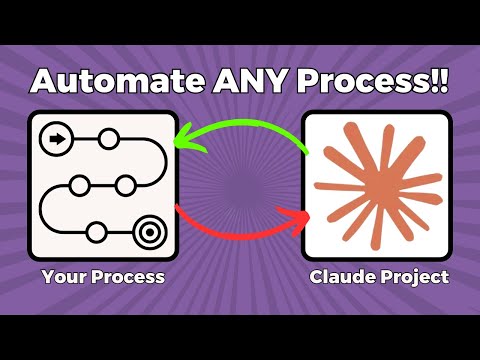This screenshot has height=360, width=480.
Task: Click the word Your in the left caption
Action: (62, 275)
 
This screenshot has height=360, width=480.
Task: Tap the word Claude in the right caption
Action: (339, 275)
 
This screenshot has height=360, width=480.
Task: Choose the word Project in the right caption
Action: (409, 275)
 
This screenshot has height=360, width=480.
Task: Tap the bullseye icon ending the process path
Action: (148, 232)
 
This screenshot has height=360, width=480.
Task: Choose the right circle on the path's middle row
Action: (125, 185)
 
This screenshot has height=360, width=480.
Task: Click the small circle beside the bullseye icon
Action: (95, 232)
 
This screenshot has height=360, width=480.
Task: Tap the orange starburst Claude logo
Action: (376, 184)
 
